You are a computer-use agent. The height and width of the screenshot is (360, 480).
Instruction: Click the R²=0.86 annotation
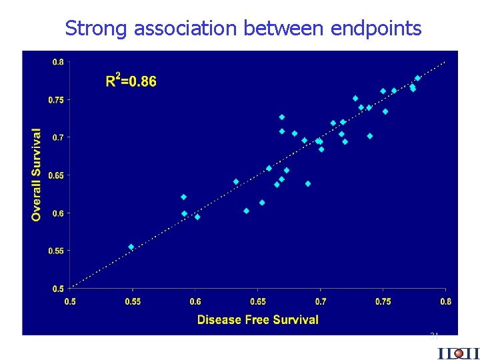tap(131, 81)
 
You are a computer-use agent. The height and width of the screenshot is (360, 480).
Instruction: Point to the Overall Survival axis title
tap(37, 175)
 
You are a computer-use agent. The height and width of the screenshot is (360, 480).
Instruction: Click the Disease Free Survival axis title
tap(257, 319)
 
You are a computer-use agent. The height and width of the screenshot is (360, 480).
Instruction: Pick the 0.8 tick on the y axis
tap(58, 62)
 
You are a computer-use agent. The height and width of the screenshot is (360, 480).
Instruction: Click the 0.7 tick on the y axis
tap(58, 137)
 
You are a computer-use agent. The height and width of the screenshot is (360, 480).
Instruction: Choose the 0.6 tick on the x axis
tap(195, 301)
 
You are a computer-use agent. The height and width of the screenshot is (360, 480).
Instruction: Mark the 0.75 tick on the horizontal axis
tap(383, 301)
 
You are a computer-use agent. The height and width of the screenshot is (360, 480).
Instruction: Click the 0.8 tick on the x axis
tap(445, 301)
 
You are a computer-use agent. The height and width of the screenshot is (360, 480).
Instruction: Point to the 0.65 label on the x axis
tap(257, 301)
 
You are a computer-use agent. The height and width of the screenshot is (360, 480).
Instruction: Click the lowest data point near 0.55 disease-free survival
tap(131, 247)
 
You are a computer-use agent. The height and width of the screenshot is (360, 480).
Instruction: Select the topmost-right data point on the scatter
tap(418, 78)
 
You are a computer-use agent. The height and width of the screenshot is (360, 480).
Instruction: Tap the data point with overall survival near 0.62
tap(184, 197)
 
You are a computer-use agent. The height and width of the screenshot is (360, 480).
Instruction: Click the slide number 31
tap(433, 336)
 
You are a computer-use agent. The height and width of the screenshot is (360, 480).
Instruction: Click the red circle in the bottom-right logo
tap(459, 353)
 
